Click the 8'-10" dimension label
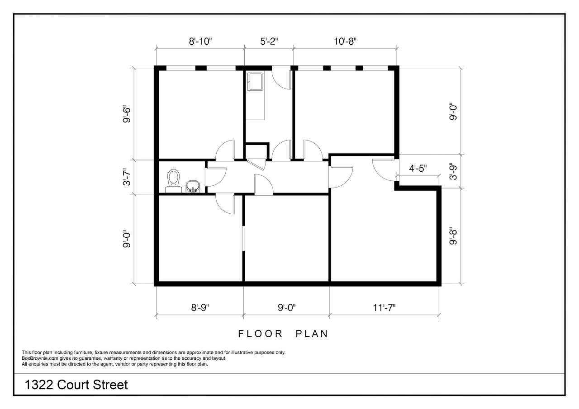200,41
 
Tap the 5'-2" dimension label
269,41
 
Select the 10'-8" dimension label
345,41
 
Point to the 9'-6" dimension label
127,114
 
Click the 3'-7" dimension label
127,177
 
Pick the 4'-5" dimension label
418,169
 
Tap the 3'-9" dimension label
453,171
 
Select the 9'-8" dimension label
453,236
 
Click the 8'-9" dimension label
200,307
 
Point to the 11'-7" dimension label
384,307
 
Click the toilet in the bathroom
173,181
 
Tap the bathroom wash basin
193,187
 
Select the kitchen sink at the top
255,82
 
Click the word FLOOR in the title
260,334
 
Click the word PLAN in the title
312,334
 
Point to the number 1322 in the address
39,385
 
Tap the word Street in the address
110,385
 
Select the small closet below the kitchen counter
256,151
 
